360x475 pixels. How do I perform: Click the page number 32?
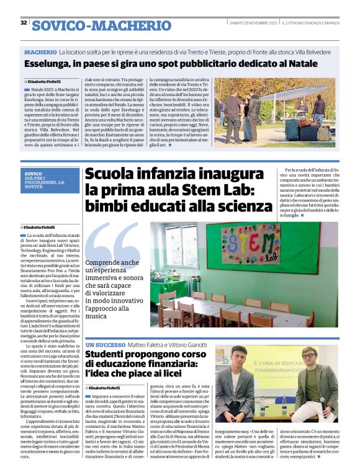(24, 23)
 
